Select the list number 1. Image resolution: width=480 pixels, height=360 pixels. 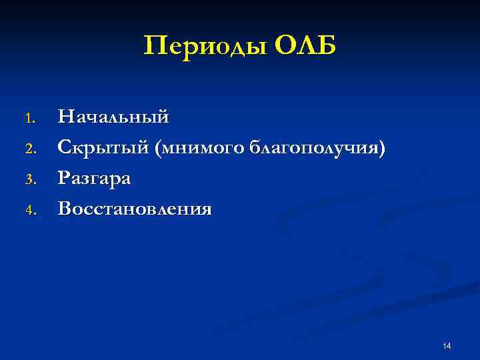click(x=29, y=119)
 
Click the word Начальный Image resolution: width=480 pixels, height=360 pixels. click(x=113, y=117)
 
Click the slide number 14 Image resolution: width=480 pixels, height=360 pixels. click(x=447, y=345)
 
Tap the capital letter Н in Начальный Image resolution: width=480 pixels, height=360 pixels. click(x=65, y=117)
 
